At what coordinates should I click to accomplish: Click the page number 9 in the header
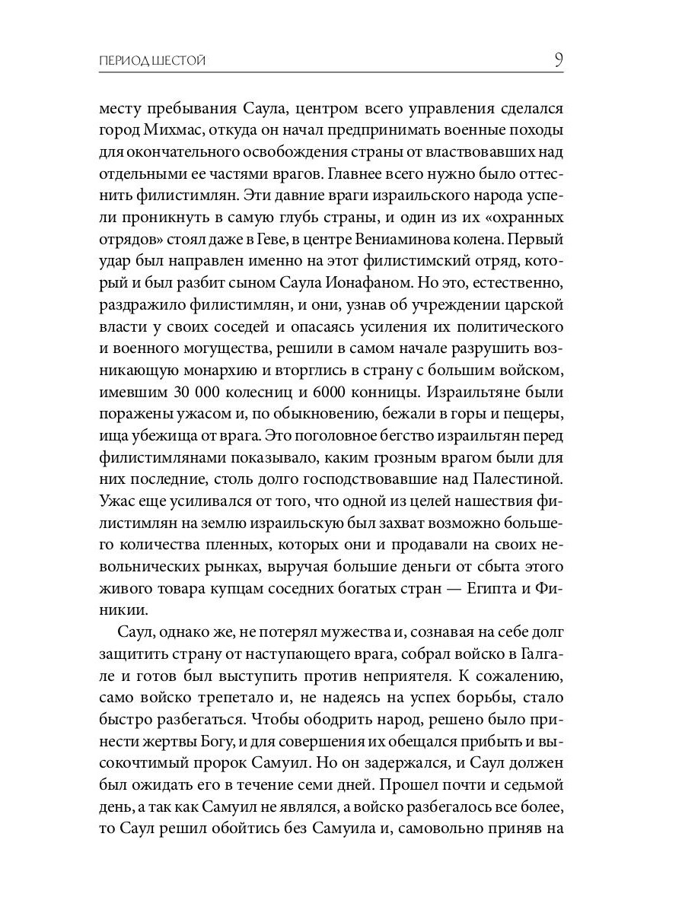(x=558, y=60)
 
